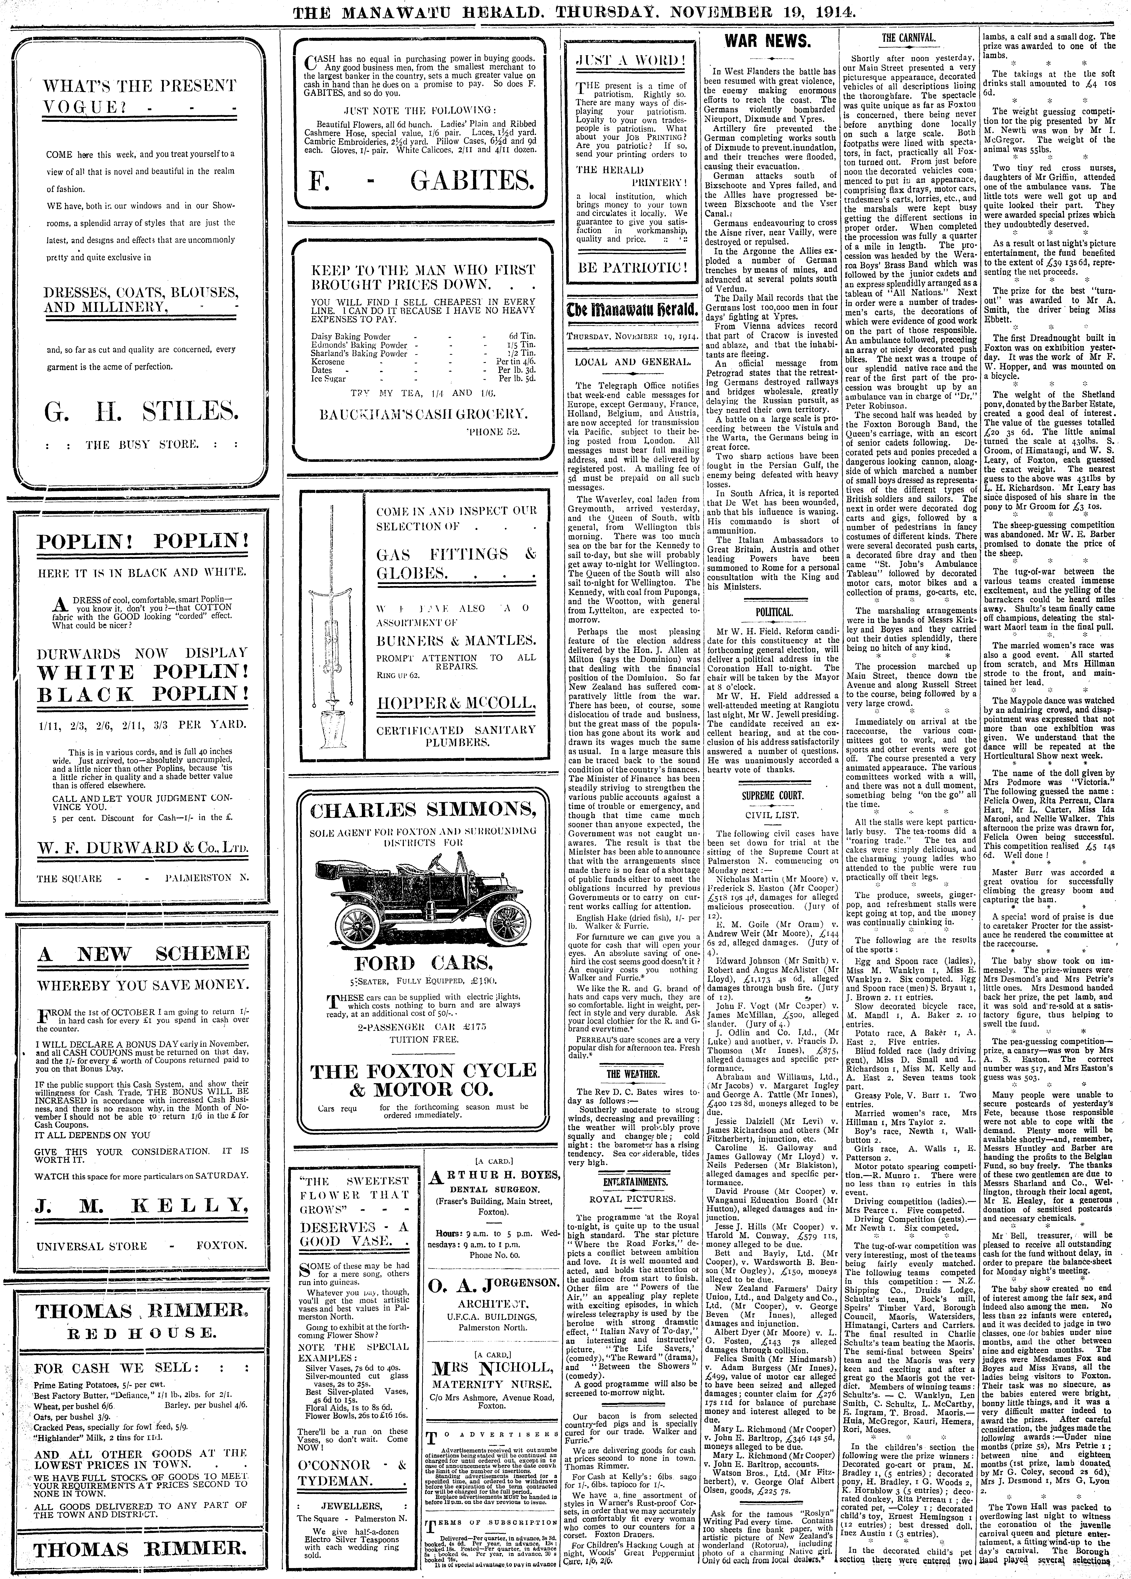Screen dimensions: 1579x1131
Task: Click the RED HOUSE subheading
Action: (143, 1332)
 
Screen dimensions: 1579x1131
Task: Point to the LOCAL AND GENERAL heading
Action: (632, 361)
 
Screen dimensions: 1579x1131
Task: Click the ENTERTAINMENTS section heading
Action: (632, 1181)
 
